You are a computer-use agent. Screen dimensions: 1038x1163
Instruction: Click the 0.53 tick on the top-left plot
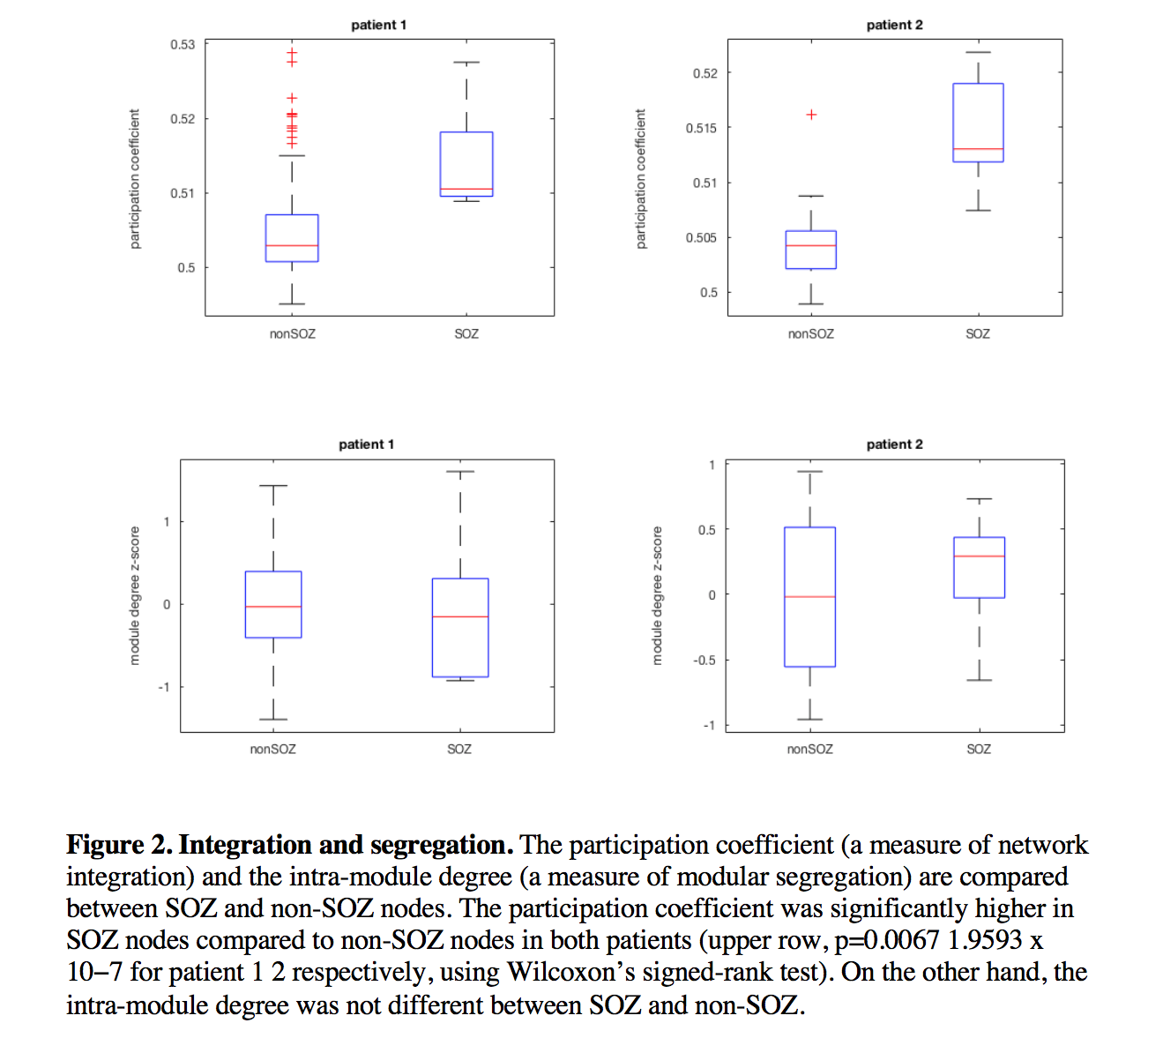click(x=183, y=45)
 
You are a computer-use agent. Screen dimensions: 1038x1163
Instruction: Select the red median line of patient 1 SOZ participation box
click(x=466, y=189)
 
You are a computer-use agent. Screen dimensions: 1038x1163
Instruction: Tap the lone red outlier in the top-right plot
click(x=811, y=115)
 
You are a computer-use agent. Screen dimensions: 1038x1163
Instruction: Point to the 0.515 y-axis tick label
click(x=702, y=129)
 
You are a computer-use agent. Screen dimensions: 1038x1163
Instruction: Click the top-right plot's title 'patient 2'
click(x=894, y=25)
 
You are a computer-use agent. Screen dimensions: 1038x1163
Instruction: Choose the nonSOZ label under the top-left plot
click(x=292, y=334)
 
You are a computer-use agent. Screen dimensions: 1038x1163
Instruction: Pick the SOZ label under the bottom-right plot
click(x=978, y=750)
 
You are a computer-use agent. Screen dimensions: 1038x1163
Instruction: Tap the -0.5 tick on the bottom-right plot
click(x=705, y=661)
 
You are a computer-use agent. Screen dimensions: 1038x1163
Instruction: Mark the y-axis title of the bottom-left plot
click(x=135, y=595)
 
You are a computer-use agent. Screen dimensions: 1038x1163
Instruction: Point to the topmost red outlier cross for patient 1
click(x=292, y=53)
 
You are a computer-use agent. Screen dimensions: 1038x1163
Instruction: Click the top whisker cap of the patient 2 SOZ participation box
click(x=978, y=52)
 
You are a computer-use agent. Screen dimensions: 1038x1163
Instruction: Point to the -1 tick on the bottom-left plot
click(x=164, y=687)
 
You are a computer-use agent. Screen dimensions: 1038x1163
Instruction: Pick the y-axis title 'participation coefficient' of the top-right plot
click(x=641, y=179)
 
